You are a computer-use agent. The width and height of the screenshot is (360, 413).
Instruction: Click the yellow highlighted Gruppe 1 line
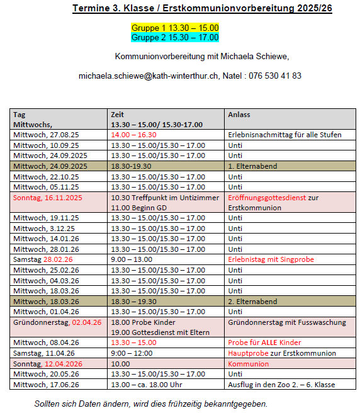click(174, 28)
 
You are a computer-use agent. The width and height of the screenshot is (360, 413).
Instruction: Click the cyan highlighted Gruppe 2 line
click(174, 37)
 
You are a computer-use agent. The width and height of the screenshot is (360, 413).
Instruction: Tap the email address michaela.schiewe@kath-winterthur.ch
click(149, 76)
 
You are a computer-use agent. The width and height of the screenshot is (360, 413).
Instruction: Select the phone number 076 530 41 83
click(276, 76)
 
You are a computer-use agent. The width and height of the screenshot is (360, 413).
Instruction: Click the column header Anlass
click(239, 115)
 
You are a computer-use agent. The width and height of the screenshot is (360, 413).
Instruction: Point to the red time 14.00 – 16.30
click(133, 135)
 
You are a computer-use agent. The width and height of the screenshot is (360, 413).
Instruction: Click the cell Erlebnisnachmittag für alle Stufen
click(284, 135)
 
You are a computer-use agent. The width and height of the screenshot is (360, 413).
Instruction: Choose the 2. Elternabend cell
click(252, 302)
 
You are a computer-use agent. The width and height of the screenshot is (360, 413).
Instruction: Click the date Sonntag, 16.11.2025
click(47, 197)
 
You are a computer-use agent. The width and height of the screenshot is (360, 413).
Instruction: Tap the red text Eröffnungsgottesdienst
click(267, 197)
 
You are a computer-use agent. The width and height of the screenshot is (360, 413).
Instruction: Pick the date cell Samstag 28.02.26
click(43, 259)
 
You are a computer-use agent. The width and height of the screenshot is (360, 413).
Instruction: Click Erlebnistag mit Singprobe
click(271, 259)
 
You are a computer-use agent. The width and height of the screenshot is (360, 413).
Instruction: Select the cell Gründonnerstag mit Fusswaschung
click(286, 322)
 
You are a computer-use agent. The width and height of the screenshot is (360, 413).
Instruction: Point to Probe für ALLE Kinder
click(264, 342)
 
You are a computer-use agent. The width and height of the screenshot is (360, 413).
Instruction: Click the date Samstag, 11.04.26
click(43, 353)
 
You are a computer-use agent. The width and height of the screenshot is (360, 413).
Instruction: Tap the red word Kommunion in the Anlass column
click(244, 364)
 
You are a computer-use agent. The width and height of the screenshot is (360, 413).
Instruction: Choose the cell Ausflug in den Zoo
click(281, 385)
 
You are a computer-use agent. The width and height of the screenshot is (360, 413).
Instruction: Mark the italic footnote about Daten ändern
click(151, 404)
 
